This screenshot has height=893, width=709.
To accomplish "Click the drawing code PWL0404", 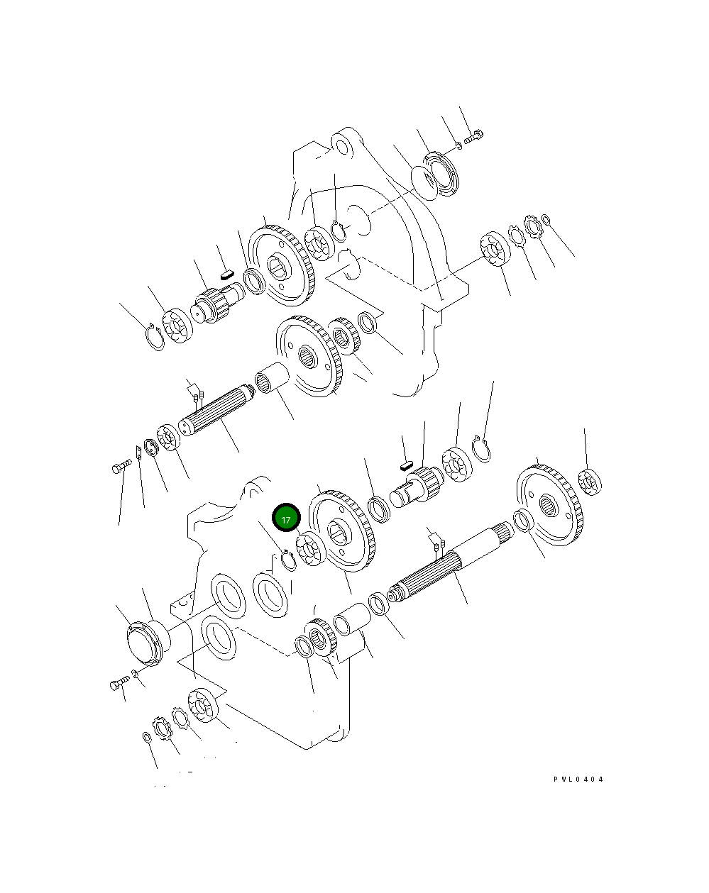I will click(578, 779).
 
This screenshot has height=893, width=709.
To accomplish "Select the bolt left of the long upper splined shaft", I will click(121, 466).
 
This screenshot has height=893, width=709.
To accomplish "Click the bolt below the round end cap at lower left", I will click(118, 684).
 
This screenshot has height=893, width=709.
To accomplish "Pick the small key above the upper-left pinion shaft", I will click(226, 269).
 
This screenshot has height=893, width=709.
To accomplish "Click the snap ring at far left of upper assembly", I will click(155, 336).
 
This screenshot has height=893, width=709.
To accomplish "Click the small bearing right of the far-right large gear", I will click(590, 482).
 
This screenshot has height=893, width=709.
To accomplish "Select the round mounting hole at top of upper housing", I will click(343, 148).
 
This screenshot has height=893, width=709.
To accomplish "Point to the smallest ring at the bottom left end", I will click(147, 738).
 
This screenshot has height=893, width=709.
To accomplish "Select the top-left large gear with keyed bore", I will click(280, 266).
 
